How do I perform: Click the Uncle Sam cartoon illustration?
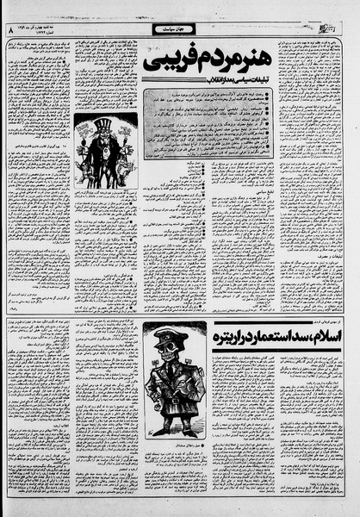[x=105, y=151]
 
